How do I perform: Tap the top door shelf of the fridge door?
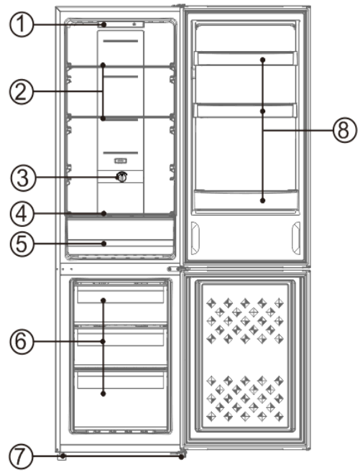point(245,59)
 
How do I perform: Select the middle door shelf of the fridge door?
point(245,111)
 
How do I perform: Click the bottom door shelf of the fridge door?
point(245,200)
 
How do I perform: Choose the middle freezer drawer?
point(121,338)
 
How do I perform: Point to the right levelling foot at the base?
point(182,455)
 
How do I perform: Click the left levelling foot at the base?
point(63,455)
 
